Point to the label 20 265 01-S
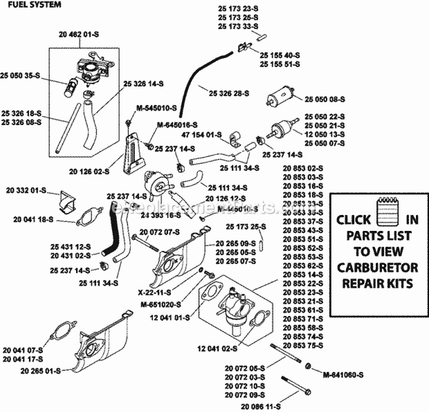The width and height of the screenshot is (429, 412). (x=26, y=370)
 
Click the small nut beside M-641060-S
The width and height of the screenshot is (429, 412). (x=308, y=366)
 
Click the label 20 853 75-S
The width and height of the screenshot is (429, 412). (x=303, y=345)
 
